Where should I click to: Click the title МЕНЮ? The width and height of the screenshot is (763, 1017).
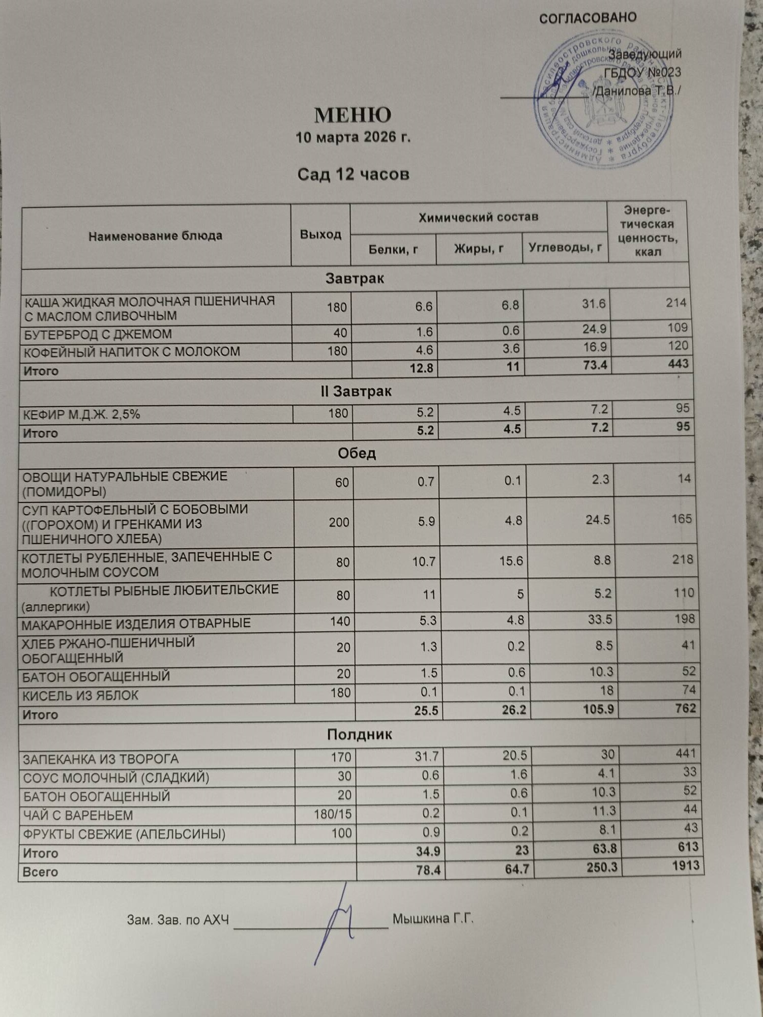[353, 115]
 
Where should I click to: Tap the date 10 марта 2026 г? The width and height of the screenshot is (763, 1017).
[353, 137]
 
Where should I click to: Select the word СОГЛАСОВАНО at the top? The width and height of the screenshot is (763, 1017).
[588, 18]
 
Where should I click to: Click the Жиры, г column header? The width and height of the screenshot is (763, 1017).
[479, 249]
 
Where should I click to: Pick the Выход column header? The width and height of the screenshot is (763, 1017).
[320, 234]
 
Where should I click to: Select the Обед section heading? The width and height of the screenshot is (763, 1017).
[357, 454]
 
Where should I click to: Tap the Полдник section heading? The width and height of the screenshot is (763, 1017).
[359, 735]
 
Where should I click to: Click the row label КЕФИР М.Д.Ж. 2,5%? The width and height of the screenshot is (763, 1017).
[81, 414]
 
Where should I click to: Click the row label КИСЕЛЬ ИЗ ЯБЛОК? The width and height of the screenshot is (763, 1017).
[80, 695]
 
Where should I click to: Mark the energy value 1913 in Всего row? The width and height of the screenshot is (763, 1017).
[685, 865]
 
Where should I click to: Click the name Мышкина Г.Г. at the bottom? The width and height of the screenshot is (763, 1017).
[433, 919]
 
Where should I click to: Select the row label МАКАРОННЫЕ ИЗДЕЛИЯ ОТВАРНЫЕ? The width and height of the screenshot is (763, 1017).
[136, 623]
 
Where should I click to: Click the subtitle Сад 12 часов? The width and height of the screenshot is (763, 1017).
[353, 175]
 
